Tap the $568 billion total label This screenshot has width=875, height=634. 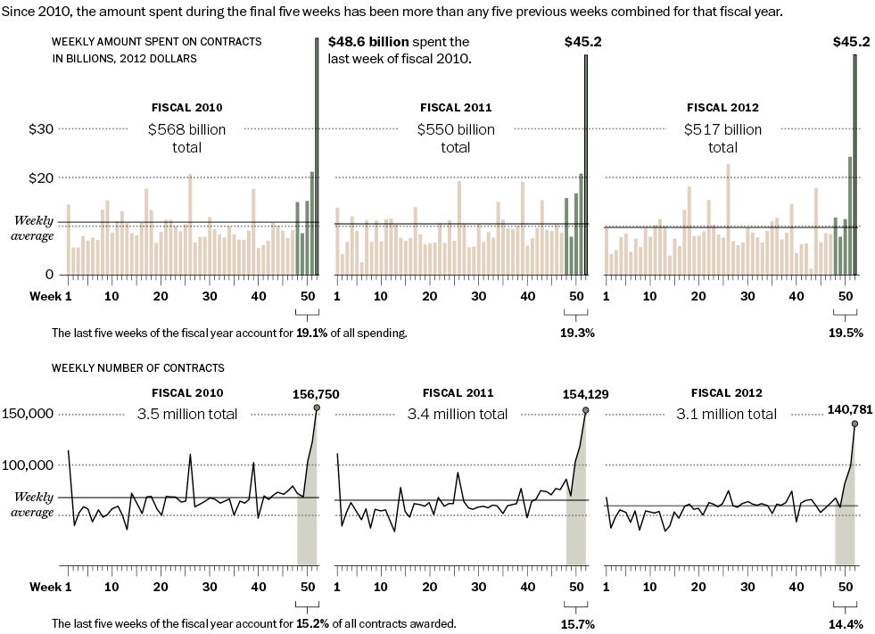pyautogui.click(x=186, y=138)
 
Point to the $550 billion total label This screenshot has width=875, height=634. pyautogui.click(x=456, y=138)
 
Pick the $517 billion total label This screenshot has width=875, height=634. pyautogui.click(x=723, y=138)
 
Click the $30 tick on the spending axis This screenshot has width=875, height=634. pyautogui.click(x=41, y=128)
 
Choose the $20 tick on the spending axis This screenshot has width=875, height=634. pyautogui.click(x=41, y=177)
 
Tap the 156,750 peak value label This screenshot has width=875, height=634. pyautogui.click(x=316, y=394)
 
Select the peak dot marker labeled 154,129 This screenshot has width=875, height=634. pyautogui.click(x=586, y=410)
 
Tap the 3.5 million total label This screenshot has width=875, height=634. pyautogui.click(x=187, y=414)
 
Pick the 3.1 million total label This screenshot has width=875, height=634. pyautogui.click(x=726, y=414)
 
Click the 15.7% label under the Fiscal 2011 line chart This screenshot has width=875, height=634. pyautogui.click(x=577, y=624)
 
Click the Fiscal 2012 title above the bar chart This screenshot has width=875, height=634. pyautogui.click(x=723, y=108)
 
